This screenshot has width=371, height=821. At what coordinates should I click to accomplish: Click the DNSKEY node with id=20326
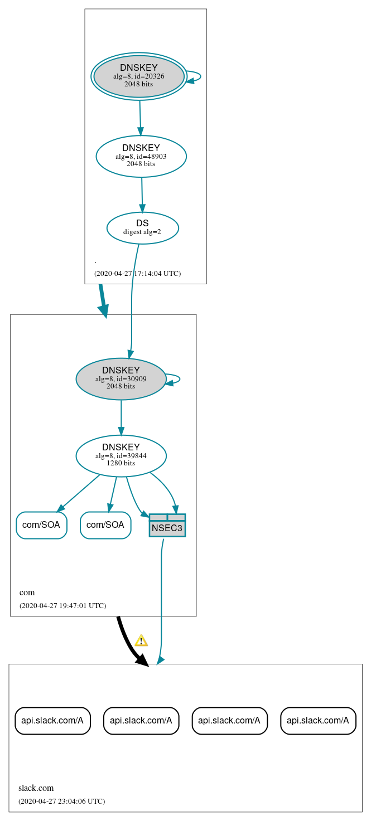click(x=139, y=76)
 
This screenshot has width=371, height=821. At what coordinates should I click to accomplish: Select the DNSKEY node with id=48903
click(x=141, y=156)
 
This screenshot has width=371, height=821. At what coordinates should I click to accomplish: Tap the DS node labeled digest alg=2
click(x=142, y=227)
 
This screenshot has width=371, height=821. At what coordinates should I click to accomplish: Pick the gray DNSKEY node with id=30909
click(x=121, y=378)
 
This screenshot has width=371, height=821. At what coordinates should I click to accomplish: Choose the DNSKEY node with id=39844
click(x=121, y=455)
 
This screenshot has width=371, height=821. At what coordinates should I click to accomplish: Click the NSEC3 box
click(x=167, y=526)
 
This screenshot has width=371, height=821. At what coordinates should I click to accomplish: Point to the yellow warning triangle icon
click(x=141, y=640)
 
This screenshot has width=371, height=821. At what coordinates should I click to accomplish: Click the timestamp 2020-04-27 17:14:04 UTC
click(x=137, y=273)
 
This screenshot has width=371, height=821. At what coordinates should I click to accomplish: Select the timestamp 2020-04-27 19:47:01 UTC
click(x=62, y=605)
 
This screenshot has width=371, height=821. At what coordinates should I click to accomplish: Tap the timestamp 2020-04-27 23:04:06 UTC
click(x=61, y=801)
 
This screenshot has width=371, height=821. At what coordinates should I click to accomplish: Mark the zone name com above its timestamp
click(x=27, y=592)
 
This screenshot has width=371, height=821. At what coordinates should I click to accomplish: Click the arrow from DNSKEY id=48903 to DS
click(x=142, y=195)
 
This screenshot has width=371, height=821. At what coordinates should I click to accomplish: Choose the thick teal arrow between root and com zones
click(x=103, y=299)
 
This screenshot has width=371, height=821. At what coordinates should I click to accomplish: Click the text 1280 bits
click(x=121, y=463)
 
